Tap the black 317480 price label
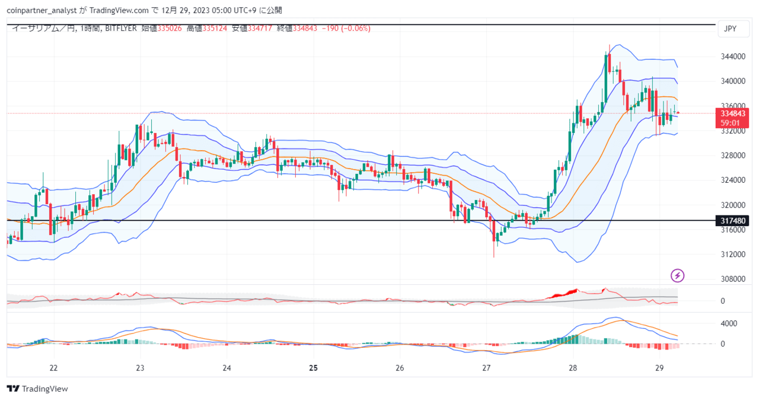pyautogui.click(x=732, y=221)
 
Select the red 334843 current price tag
pyautogui.click(x=732, y=113)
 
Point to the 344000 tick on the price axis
pyautogui.click(x=733, y=56)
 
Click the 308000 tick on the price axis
pyautogui.click(x=733, y=279)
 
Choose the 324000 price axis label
pyautogui.click(x=733, y=180)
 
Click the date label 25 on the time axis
pyautogui.click(x=314, y=368)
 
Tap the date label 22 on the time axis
pyautogui.click(x=53, y=368)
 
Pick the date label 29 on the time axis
pyautogui.click(x=659, y=368)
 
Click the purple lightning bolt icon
pyautogui.click(x=677, y=275)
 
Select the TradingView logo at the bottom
pyautogui.click(x=37, y=389)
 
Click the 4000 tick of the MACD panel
pyautogui.click(x=729, y=323)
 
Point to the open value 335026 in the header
pyautogui.click(x=170, y=28)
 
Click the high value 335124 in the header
pyautogui.click(x=215, y=28)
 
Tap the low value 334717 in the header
pyautogui.click(x=260, y=28)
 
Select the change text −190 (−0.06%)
pyautogui.click(x=346, y=28)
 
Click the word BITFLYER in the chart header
pyautogui.click(x=120, y=28)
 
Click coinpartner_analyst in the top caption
pyautogui.click(x=42, y=11)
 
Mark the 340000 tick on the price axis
pyautogui.click(x=733, y=81)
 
